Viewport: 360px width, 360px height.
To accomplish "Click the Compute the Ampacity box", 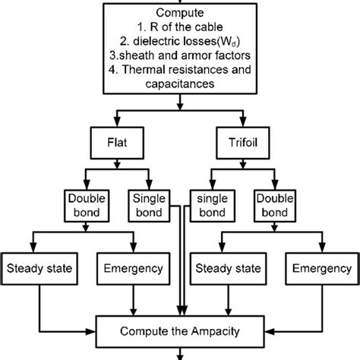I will pyautogui.click(x=180, y=332).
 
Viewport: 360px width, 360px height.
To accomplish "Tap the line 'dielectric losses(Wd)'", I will pyautogui.click(x=179, y=42).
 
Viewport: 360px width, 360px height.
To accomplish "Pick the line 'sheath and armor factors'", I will pyautogui.click(x=179, y=56).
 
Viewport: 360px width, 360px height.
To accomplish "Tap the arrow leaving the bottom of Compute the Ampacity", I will pyautogui.click(x=180, y=354).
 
